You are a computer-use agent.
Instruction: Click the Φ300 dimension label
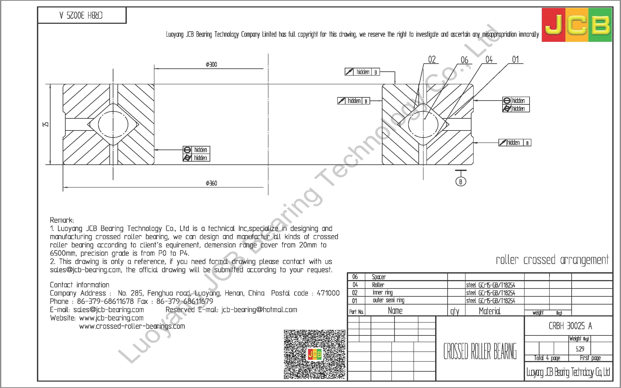point(211,64)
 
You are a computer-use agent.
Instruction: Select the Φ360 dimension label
point(211,183)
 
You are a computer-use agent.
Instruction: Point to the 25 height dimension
point(46,124)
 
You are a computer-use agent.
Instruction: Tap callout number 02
point(432,60)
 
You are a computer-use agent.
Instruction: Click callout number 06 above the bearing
point(464,60)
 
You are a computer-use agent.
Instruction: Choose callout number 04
point(489,60)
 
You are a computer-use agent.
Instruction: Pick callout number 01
point(515,60)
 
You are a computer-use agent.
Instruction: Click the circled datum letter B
point(461,182)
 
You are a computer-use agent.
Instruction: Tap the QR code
point(314,354)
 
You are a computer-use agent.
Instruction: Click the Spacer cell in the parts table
point(379,277)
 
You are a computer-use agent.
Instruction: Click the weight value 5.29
point(580,349)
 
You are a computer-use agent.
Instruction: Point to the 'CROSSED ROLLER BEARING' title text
point(480,351)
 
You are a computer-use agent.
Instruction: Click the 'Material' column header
point(489,311)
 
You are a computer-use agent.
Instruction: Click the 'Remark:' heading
point(62,220)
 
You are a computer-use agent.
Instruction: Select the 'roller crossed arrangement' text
point(552,260)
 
